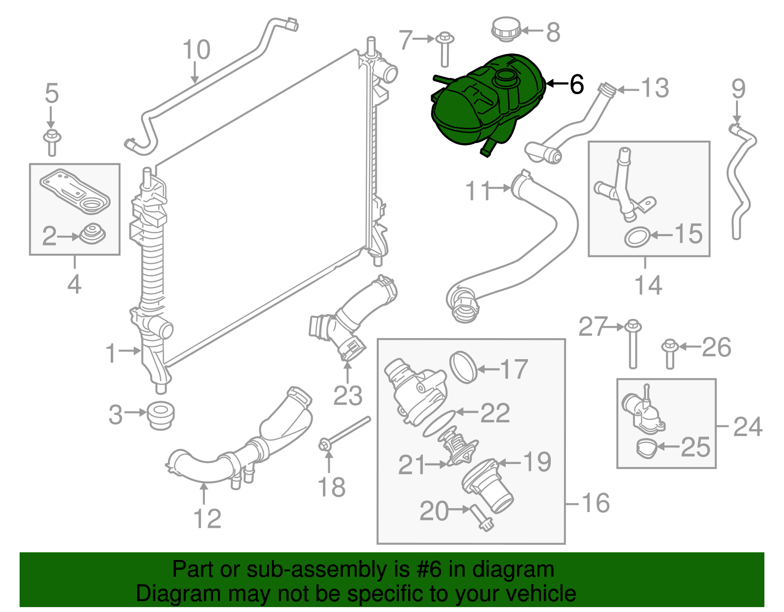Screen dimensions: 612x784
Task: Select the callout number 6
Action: tap(577, 84)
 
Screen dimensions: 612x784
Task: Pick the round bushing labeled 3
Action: tap(160, 416)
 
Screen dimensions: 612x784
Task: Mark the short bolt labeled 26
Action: tap(669, 354)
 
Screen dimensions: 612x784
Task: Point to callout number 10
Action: tap(196, 49)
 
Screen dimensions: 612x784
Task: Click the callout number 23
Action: tap(347, 396)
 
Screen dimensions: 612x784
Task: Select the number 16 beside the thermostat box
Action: tap(595, 503)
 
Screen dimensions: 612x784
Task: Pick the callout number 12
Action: tap(207, 519)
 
